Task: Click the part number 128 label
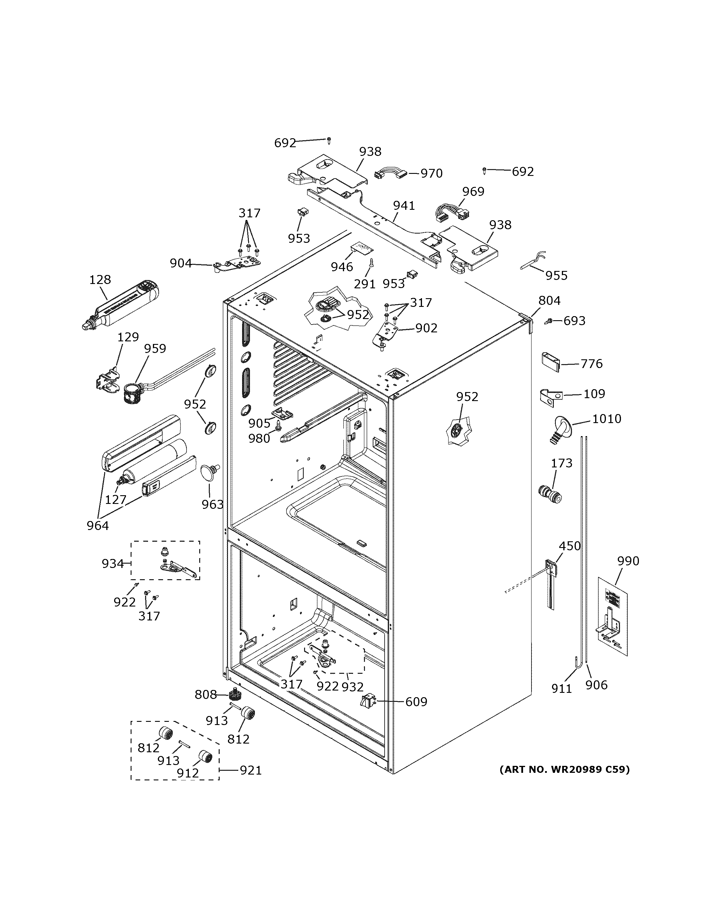[100, 280]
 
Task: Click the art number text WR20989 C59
[564, 770]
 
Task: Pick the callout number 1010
[606, 419]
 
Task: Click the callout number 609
[416, 702]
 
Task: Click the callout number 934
[113, 563]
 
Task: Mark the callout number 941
[404, 205]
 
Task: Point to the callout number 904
[181, 263]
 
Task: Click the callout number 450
[570, 546]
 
